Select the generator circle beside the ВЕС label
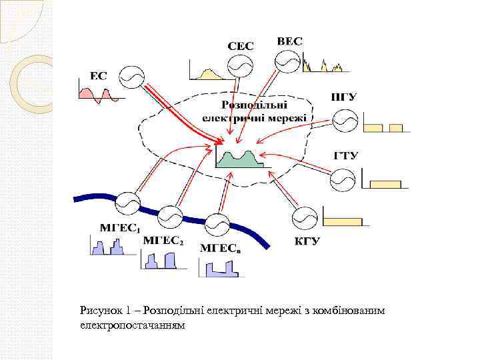(x=288, y=61)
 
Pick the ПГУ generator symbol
(x=345, y=121)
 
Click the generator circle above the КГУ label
(x=305, y=218)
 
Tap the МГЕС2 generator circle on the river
(x=171, y=216)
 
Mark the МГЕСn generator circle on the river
(x=217, y=224)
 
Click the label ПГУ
(x=344, y=97)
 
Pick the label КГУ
(x=307, y=240)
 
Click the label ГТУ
(x=346, y=156)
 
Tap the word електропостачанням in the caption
(x=133, y=326)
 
